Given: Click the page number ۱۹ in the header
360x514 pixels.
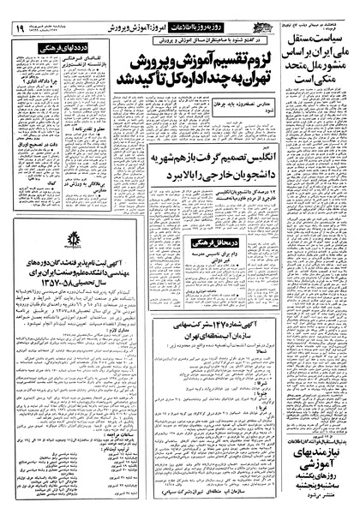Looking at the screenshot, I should coord(19,29).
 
